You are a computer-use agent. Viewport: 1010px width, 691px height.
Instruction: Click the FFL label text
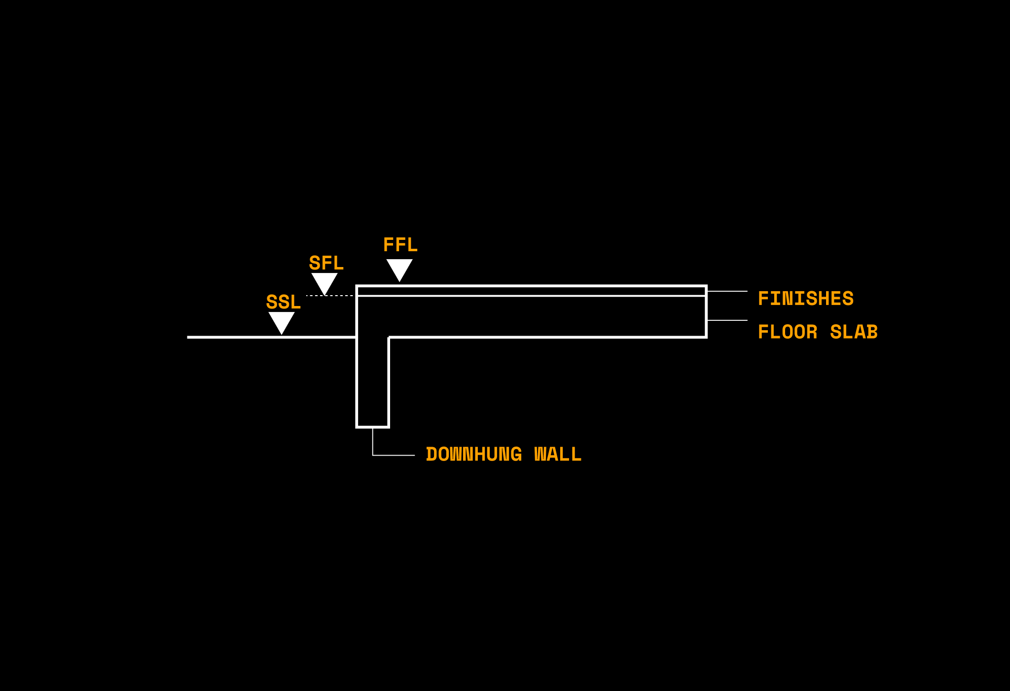[x=400, y=245]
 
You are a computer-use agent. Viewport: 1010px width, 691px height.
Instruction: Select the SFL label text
[x=326, y=263]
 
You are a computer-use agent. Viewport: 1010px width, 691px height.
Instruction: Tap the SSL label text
[x=283, y=302]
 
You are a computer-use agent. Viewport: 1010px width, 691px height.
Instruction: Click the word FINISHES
[x=806, y=299]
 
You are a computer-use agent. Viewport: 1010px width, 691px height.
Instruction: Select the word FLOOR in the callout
[x=788, y=332]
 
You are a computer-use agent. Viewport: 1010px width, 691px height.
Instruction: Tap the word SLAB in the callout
[x=854, y=332]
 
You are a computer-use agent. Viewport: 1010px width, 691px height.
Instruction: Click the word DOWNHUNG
[x=474, y=454]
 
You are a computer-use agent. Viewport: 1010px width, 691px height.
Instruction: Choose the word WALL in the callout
[x=558, y=454]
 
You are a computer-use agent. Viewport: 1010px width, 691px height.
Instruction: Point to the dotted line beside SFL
[x=329, y=296]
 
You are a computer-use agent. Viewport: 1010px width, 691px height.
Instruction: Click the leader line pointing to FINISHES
[x=727, y=291]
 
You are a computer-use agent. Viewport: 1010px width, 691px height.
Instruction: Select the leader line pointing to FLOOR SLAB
[x=727, y=320]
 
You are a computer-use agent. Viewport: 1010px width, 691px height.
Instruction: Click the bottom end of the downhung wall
[x=373, y=427]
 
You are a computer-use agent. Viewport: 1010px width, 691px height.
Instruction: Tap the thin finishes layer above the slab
[x=532, y=291]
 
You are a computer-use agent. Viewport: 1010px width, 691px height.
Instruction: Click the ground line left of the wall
[x=272, y=337]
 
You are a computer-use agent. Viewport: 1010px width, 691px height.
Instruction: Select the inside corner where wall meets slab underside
[x=389, y=337]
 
